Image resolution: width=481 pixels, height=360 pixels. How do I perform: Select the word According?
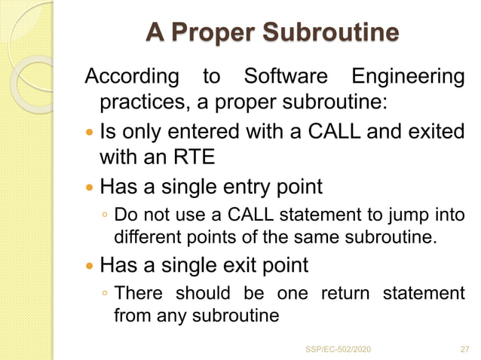(x=132, y=77)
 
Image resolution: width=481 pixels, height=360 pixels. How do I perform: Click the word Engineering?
(x=408, y=77)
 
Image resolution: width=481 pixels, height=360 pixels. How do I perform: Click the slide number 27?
(x=464, y=349)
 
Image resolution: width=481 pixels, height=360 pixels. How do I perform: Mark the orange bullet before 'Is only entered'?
(x=91, y=132)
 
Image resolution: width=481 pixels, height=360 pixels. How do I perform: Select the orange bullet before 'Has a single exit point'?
(x=91, y=266)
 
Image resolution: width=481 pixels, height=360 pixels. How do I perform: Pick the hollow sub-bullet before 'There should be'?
(x=105, y=294)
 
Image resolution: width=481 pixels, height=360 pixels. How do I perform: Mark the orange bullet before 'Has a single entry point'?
(x=91, y=186)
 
